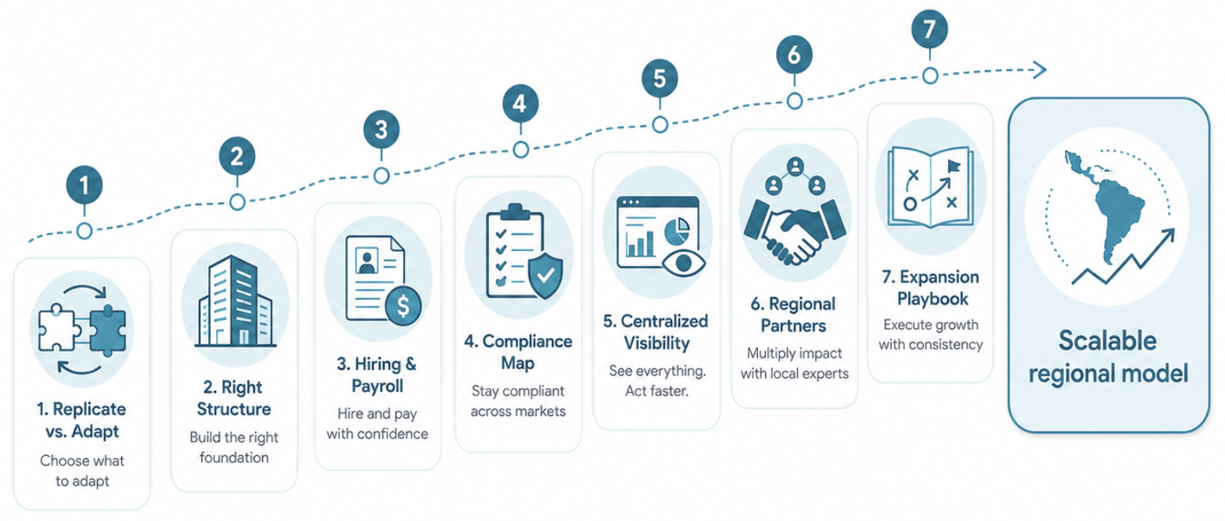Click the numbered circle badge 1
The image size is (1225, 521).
click(84, 185)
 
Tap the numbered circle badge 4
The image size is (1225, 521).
click(520, 103)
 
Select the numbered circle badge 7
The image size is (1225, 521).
click(929, 29)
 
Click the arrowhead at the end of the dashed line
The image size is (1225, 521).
click(1039, 70)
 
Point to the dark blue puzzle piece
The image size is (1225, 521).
click(108, 331)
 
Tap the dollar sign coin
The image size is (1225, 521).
click(403, 306)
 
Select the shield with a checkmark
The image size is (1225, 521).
click(545, 275)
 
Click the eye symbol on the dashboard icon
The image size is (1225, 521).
click(684, 263)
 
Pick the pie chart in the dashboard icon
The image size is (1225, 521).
click(677, 232)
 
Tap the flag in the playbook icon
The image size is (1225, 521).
click(954, 166)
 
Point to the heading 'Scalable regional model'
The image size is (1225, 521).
click(1108, 357)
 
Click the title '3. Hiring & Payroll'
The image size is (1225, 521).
click(377, 375)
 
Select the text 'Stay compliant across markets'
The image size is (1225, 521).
click(518, 401)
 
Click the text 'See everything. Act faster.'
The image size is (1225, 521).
click(657, 381)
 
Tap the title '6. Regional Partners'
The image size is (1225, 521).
click(793, 315)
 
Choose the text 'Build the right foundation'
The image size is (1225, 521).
click(234, 447)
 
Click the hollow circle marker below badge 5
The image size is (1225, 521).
click(660, 124)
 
